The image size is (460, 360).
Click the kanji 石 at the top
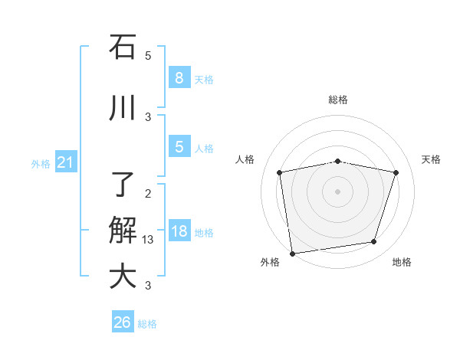click(123, 47)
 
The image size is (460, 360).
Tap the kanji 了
click(123, 185)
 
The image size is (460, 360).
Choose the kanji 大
click(123, 276)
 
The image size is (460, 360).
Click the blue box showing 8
click(179, 77)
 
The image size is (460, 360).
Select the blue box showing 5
click(179, 147)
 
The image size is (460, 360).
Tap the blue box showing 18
click(179, 231)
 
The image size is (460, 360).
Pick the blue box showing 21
click(66, 162)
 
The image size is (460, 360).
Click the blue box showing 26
click(123, 322)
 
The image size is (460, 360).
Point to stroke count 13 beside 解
click(148, 240)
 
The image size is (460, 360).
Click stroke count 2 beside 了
click(148, 193)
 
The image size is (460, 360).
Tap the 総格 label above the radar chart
click(337, 100)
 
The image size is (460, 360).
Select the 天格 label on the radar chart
click(431, 159)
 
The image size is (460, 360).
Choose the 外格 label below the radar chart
click(270, 262)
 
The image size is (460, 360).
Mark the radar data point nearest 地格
click(374, 242)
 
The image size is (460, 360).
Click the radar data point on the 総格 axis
click(337, 161)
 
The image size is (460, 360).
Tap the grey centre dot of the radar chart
click(337, 191)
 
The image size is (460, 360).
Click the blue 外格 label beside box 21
click(41, 163)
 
